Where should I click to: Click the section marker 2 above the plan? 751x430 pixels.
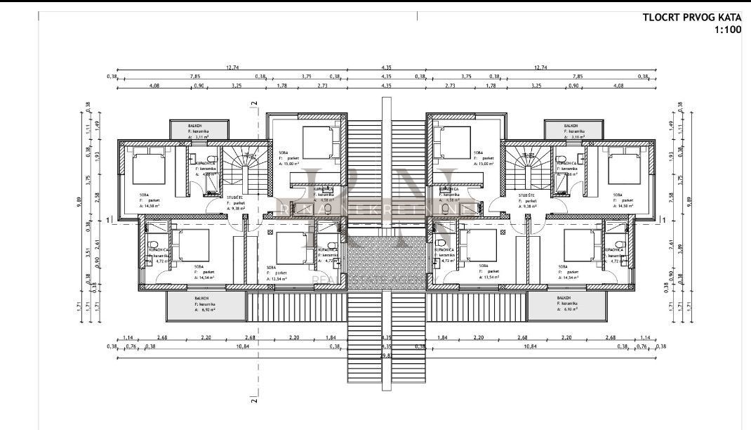(255, 103)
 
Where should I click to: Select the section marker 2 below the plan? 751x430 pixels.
(255, 400)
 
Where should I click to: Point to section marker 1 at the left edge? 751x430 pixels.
(109, 221)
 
